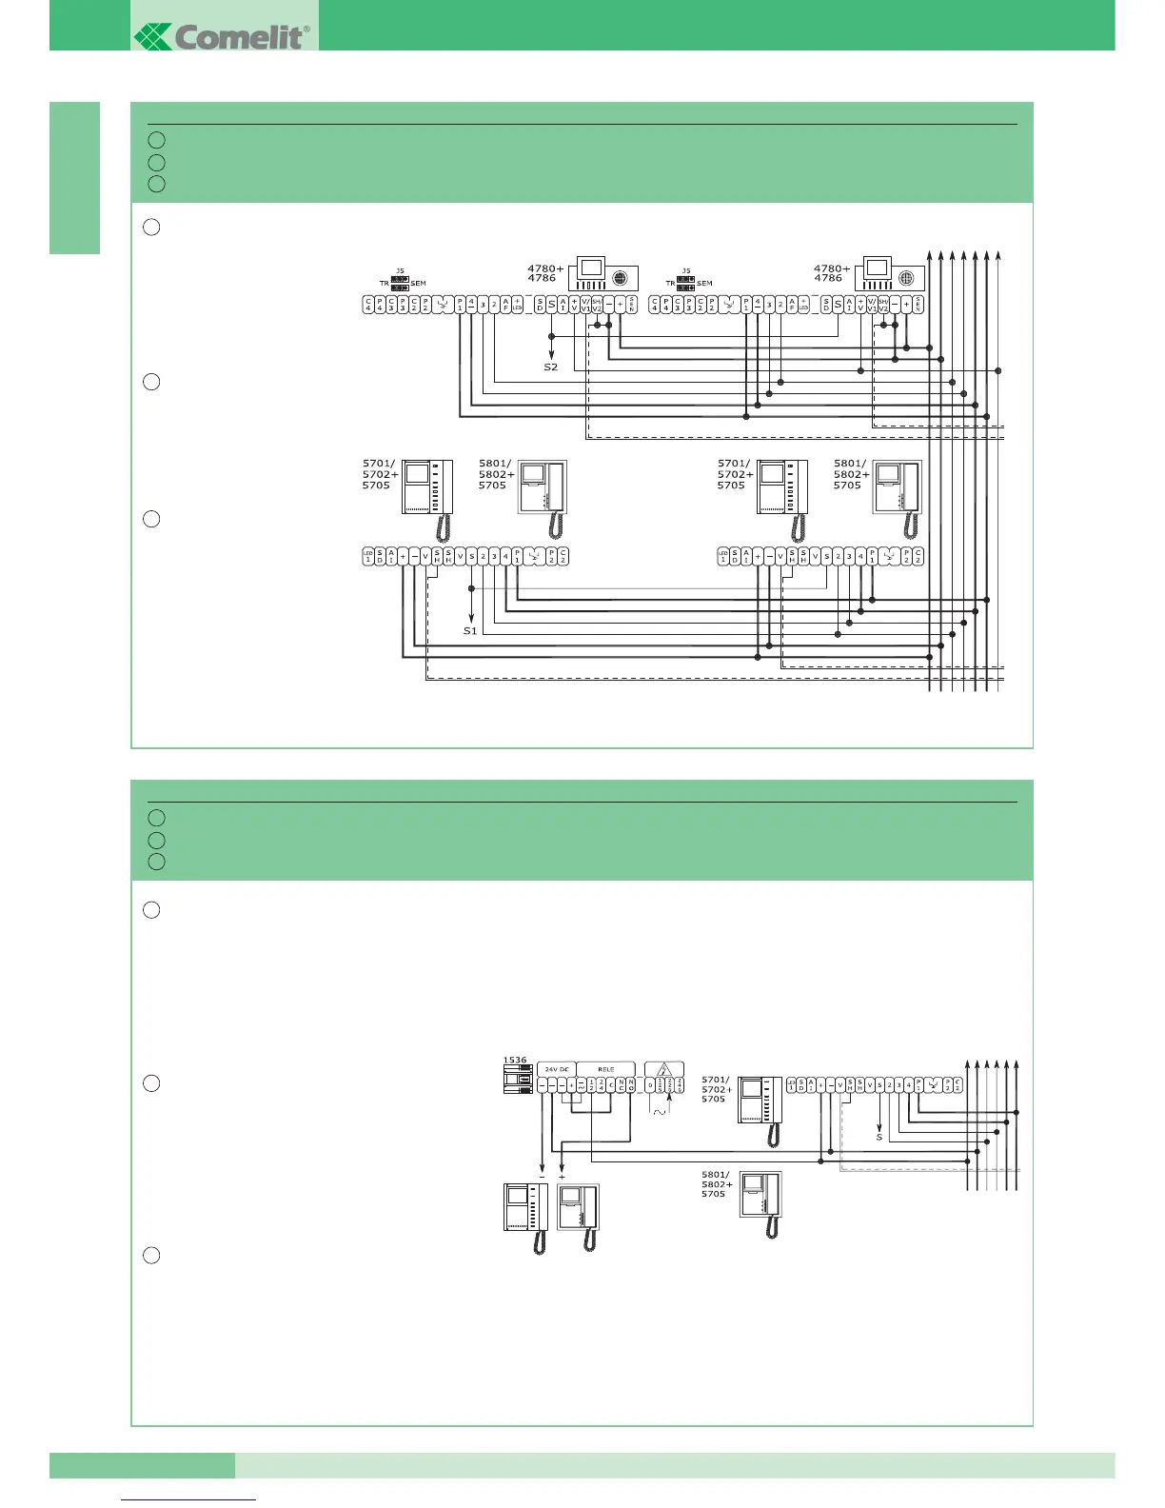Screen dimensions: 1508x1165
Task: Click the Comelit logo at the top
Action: (x=223, y=37)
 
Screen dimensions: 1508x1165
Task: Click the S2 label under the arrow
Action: (x=551, y=367)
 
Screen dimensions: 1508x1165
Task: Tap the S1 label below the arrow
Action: (x=470, y=631)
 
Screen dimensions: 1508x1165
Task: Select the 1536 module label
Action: (x=515, y=1060)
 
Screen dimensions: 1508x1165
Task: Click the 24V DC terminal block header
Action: (x=557, y=1069)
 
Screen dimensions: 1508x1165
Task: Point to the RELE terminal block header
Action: (x=606, y=1069)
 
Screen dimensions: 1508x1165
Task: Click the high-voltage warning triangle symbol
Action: (x=664, y=1070)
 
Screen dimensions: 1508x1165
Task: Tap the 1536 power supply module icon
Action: (x=518, y=1080)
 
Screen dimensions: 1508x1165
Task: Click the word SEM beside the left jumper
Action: (x=419, y=284)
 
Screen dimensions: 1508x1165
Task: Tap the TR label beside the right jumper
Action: (x=670, y=284)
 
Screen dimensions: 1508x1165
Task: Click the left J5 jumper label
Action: (x=401, y=271)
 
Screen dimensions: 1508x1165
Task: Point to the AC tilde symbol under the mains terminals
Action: (x=659, y=1111)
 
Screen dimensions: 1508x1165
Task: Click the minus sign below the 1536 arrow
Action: (x=542, y=1177)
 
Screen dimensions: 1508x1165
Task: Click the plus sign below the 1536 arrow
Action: (x=562, y=1177)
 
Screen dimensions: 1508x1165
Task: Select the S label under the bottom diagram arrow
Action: (x=879, y=1137)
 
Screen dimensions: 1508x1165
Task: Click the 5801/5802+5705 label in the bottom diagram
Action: (x=717, y=1184)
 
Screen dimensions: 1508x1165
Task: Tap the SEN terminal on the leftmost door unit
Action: (x=631, y=304)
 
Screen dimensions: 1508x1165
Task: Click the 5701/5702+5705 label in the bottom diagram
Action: (x=717, y=1089)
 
